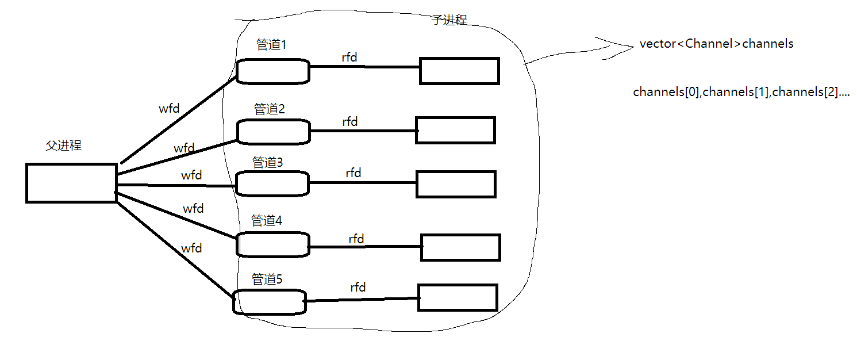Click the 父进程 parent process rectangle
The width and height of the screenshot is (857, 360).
coord(71,183)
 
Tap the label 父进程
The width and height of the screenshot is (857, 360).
coord(63,145)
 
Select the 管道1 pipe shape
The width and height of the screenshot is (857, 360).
coord(272,71)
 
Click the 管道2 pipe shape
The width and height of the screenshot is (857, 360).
coord(273,132)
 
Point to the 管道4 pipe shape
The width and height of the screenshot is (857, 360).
coord(272,244)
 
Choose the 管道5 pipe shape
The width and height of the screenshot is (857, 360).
coord(269,302)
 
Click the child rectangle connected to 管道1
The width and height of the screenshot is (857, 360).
coord(459,71)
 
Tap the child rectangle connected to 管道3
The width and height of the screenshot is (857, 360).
coord(455,184)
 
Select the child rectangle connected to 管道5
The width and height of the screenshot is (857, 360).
coord(457,297)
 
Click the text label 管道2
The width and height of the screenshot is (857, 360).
coord(269,109)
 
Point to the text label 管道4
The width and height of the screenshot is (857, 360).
coord(267,220)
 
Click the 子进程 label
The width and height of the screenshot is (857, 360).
coord(449,20)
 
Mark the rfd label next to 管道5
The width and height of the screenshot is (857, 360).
coord(358,287)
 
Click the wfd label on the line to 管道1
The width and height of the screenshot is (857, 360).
coord(169,108)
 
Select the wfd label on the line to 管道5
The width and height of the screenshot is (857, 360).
coord(191,248)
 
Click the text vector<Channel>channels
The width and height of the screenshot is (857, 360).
coord(716,44)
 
